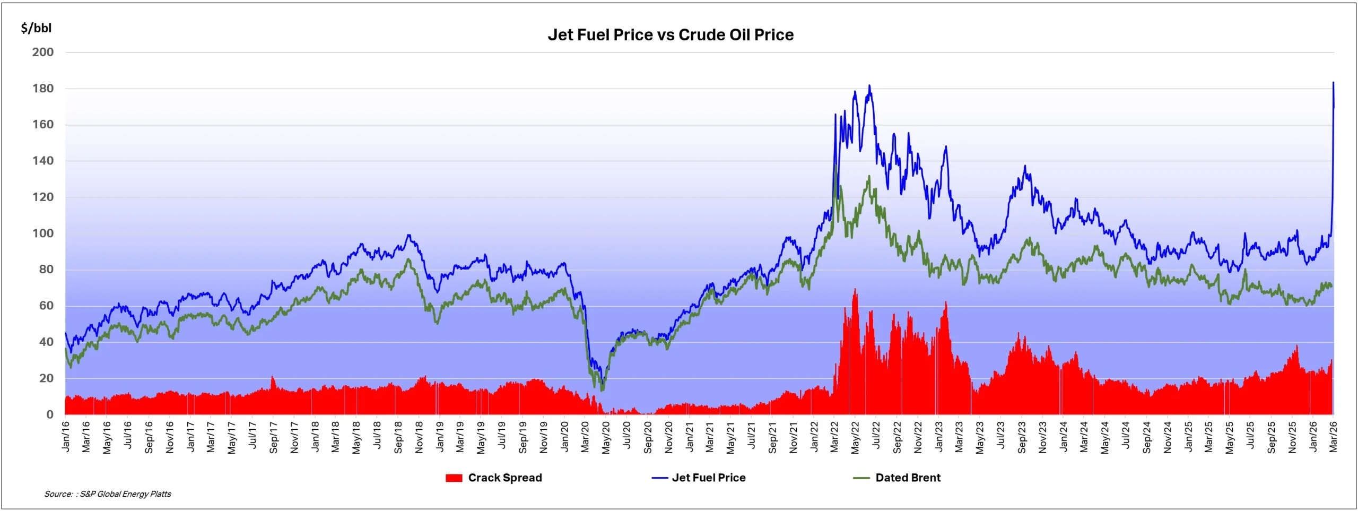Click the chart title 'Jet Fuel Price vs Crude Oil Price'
click(671, 35)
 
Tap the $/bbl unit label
click(36, 28)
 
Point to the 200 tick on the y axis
click(43, 53)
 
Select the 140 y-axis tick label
click(43, 161)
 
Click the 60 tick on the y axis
click(46, 306)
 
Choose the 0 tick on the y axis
click(50, 414)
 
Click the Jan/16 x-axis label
click(66, 437)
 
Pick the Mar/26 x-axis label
click(1333, 437)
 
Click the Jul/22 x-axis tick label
click(876, 436)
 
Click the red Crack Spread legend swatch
click(454, 478)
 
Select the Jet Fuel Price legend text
click(709, 478)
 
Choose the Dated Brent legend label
click(908, 478)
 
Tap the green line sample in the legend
click(861, 478)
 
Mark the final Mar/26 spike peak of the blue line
click(1333, 82)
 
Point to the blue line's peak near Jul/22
click(869, 85)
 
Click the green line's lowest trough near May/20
click(602, 391)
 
